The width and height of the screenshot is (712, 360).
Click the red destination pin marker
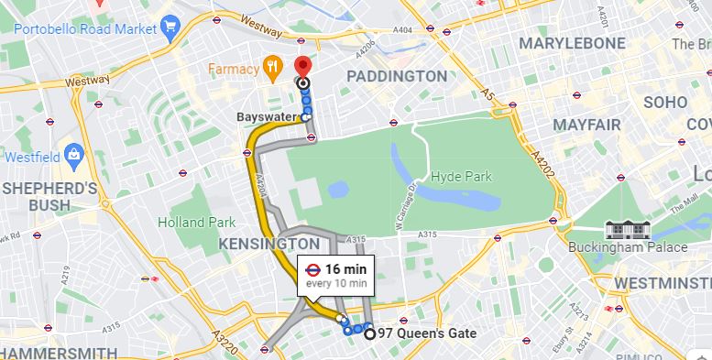click(x=302, y=67)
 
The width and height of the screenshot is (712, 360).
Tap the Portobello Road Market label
click(x=85, y=28)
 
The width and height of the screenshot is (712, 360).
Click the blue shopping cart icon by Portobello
click(x=169, y=28)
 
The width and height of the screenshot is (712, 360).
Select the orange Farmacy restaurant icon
click(x=271, y=67)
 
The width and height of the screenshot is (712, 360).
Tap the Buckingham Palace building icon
click(x=628, y=229)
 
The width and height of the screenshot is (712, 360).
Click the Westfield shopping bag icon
click(x=71, y=156)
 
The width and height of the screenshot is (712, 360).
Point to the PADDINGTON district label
click(x=396, y=76)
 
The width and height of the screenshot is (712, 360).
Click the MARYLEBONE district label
click(x=574, y=43)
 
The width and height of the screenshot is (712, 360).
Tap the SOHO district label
click(x=664, y=103)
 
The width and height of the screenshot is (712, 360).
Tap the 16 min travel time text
click(x=345, y=269)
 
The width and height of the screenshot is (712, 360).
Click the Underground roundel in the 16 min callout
click(x=312, y=269)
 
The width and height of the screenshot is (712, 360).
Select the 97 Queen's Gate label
click(x=427, y=334)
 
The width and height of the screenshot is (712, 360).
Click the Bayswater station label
click(x=266, y=117)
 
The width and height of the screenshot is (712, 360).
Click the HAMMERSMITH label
click(x=59, y=353)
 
